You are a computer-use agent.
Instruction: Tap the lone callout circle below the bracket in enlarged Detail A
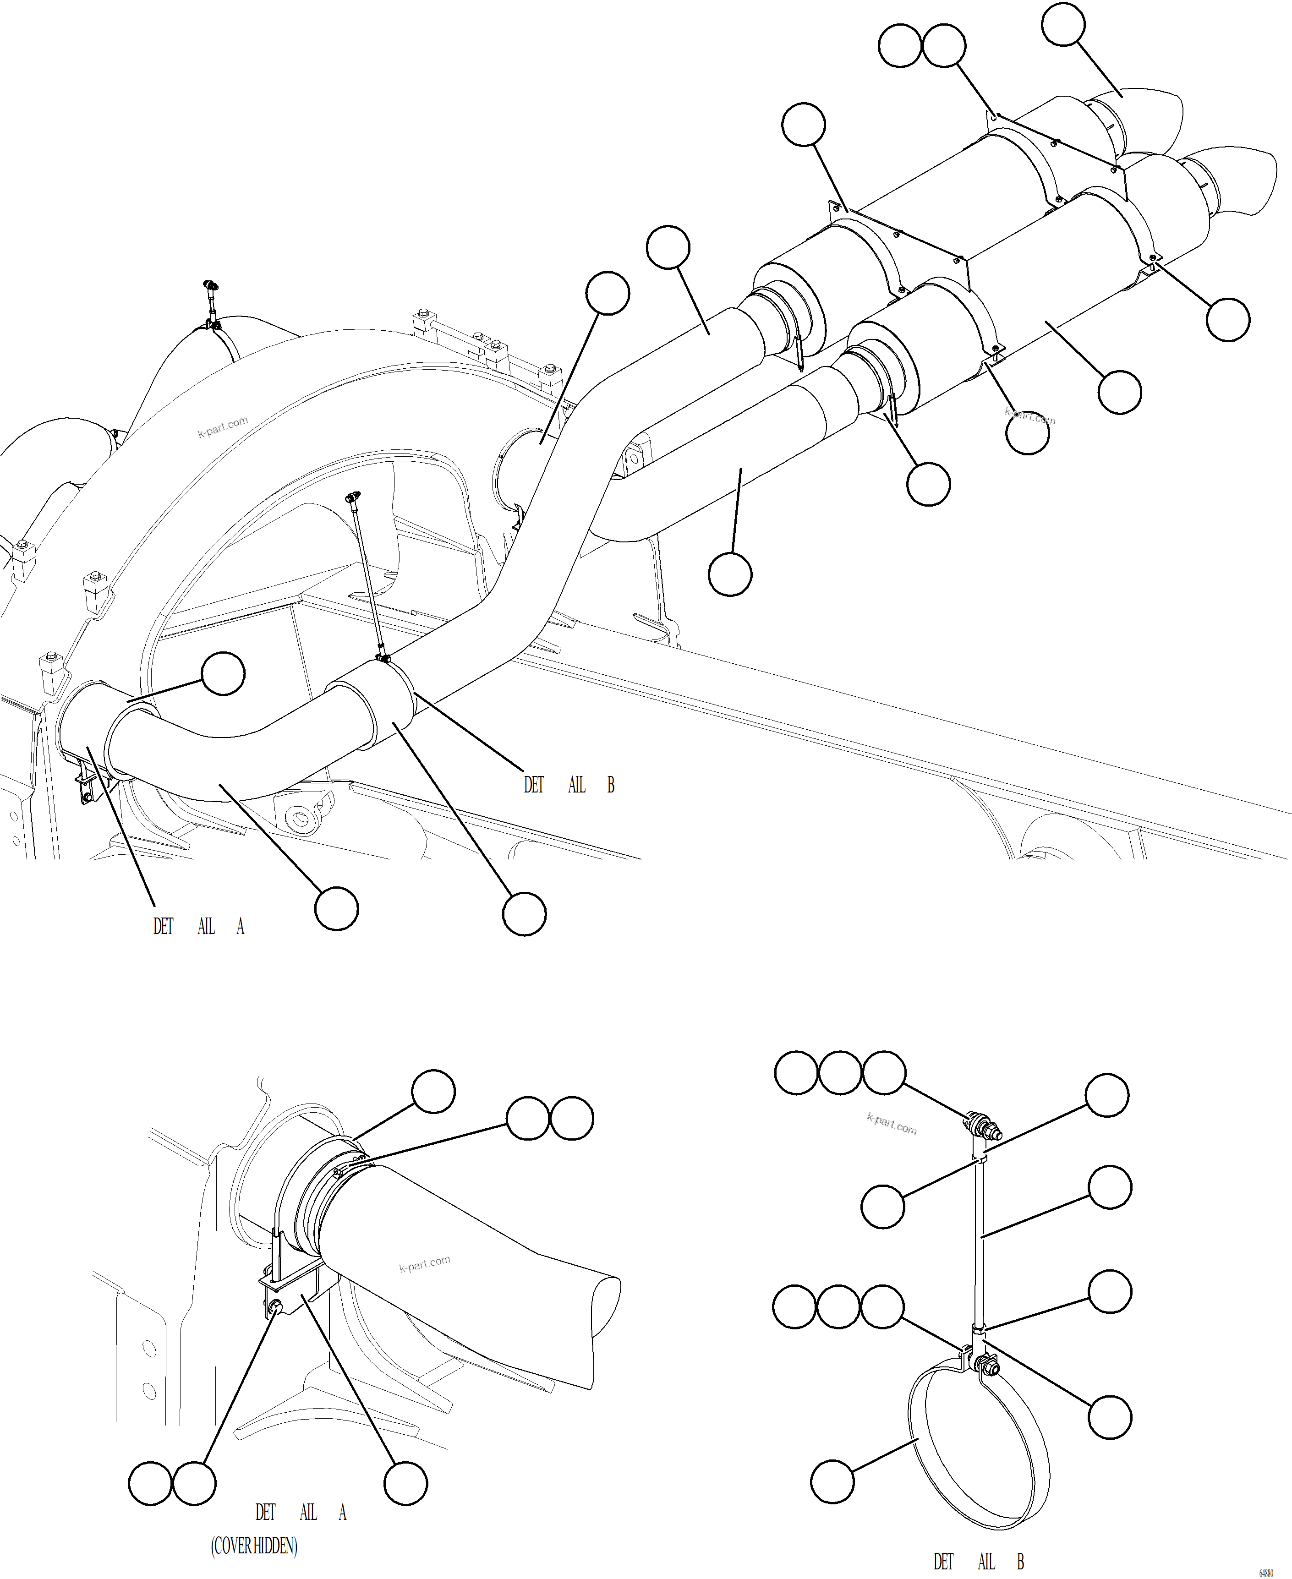405,1483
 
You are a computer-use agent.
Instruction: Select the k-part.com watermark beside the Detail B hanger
892,1124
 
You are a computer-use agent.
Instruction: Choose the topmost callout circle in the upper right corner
1063,25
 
